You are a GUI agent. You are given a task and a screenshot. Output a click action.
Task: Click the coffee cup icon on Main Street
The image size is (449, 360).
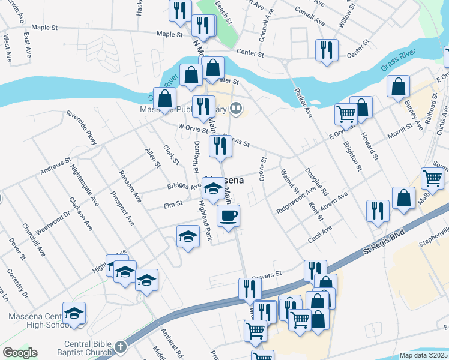[228, 216]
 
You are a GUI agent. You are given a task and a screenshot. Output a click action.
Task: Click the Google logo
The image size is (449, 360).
[20, 353]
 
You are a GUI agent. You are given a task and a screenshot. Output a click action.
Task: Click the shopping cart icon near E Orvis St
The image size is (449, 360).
[346, 113]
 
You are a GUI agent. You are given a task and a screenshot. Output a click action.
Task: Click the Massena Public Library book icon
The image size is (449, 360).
[237, 108]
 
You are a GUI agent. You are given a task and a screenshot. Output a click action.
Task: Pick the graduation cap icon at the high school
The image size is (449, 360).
[74, 313]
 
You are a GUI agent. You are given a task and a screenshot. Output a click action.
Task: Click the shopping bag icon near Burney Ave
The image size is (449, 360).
[398, 86]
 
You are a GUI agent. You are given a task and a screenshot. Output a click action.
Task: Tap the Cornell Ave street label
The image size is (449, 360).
[310, 17]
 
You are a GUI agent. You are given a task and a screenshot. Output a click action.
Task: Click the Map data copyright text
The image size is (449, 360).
[424, 355]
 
